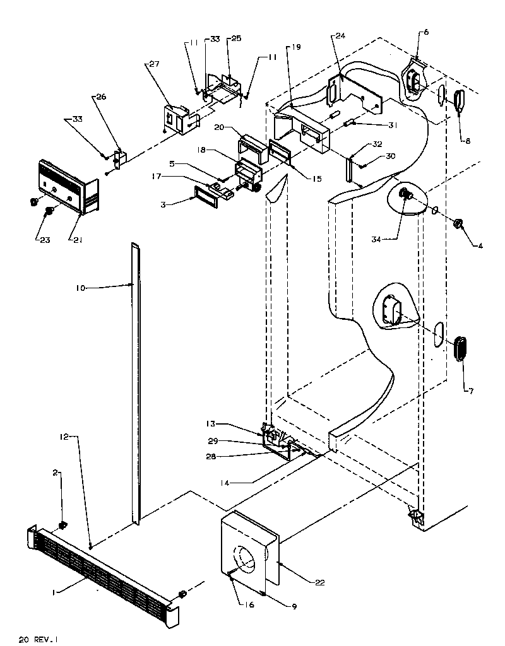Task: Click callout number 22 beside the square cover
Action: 320,582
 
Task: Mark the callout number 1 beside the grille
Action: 56,591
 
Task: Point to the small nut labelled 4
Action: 459,223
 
